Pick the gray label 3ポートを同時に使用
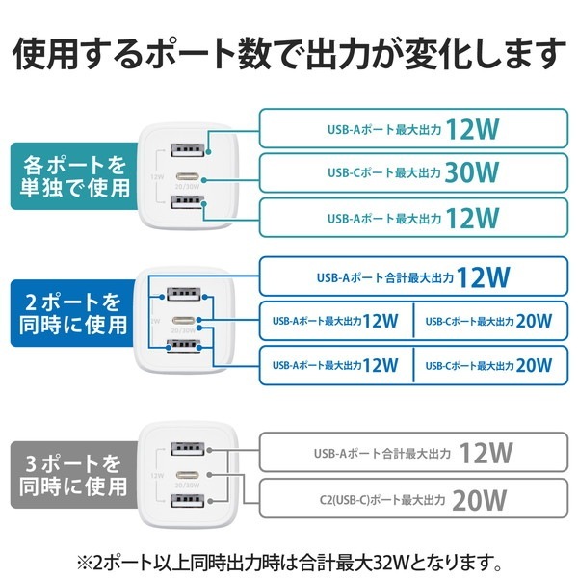pos(71,471)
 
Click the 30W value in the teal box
pos(472,173)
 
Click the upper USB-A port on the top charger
pos(186,150)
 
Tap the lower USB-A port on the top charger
pos(186,203)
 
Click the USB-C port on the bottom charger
pos(186,475)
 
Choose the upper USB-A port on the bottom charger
pos(186,449)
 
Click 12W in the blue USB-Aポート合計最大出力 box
pos(483,277)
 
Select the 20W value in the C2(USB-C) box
pos(479,499)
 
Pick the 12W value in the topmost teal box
pos(472,129)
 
